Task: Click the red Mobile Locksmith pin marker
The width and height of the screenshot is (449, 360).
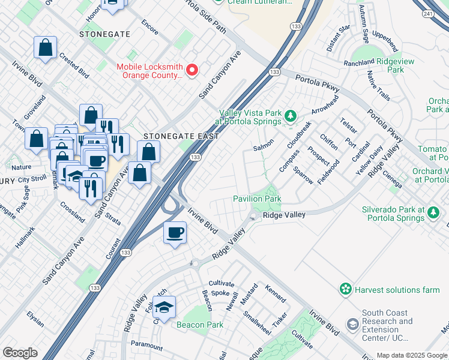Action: [192, 70]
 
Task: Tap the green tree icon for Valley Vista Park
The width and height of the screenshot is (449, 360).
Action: [291, 114]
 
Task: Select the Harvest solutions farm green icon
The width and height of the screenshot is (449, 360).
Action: [345, 290]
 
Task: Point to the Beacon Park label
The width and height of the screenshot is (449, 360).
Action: [199, 325]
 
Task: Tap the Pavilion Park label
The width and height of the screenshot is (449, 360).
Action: [257, 199]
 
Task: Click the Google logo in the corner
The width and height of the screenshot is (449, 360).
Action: [20, 353]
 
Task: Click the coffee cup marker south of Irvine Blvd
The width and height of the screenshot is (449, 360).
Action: [175, 232]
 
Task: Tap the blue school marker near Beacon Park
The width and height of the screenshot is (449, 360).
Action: [164, 307]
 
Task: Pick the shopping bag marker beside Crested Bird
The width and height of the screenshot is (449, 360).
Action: [46, 47]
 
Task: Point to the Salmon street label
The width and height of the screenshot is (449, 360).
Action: [264, 146]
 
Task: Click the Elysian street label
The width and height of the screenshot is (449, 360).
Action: [35, 319]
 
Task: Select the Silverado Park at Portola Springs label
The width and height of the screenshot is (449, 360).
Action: [400, 214]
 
